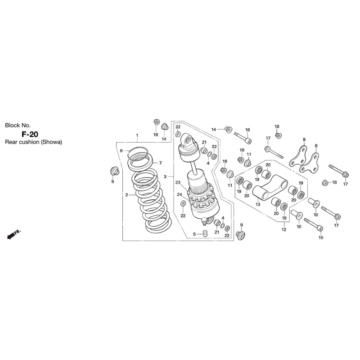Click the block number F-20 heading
[30, 134]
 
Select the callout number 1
[137, 135]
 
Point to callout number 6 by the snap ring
[121, 151]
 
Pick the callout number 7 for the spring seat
[161, 163]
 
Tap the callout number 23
[178, 183]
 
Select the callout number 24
[179, 195]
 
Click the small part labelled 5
[205, 233]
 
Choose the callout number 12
[284, 229]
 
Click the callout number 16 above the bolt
[247, 130]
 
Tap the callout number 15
[321, 238]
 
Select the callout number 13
[258, 204]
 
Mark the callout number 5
[194, 234]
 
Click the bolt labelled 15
[314, 224]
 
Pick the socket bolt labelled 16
[243, 138]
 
